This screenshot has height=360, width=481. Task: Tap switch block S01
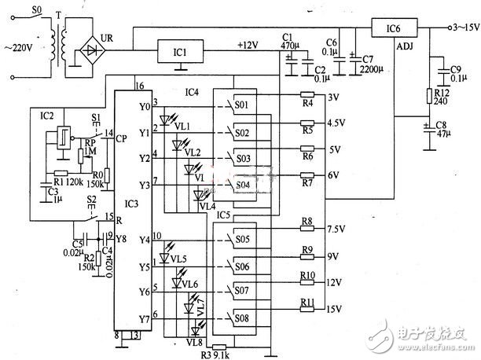(x=242, y=105)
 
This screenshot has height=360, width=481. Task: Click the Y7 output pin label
(x=143, y=319)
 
